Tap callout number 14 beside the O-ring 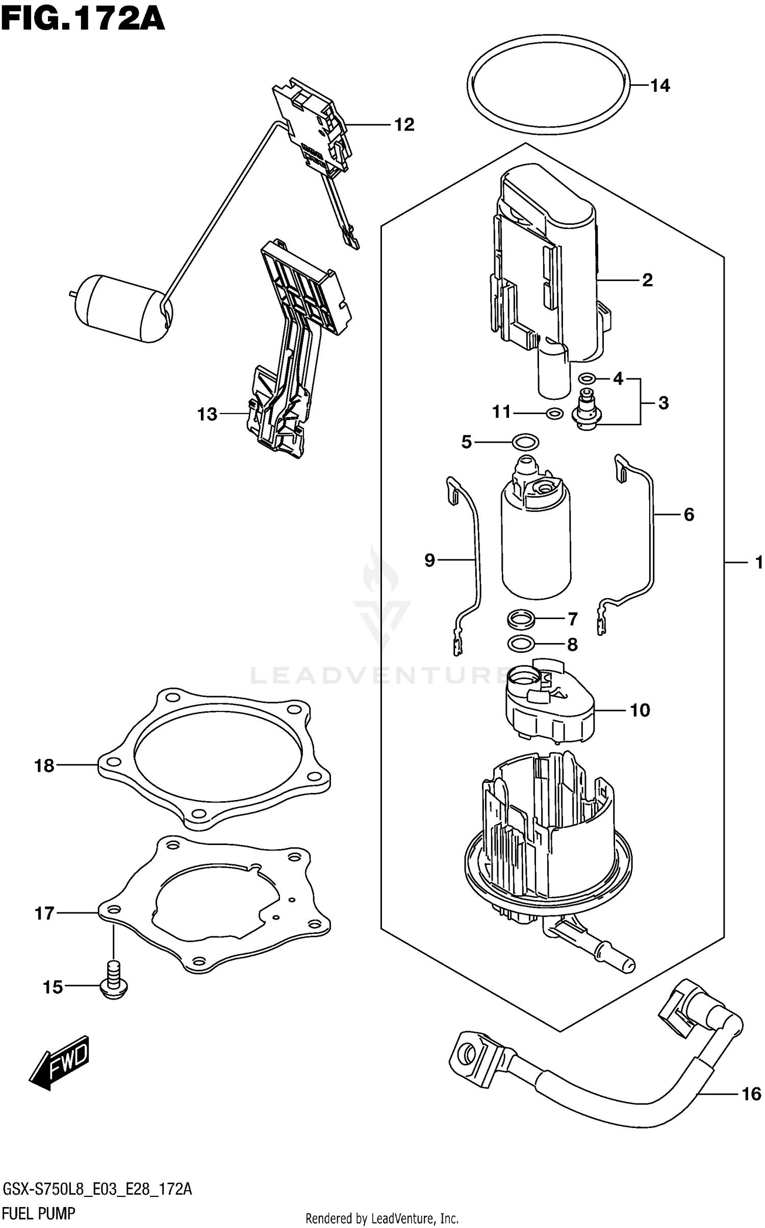tap(660, 86)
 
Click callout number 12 tap(404, 124)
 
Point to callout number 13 tap(207, 414)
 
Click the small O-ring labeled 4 tap(587, 378)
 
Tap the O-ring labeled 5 tap(526, 442)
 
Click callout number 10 tap(640, 710)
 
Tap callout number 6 tap(688, 515)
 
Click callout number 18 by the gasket tap(44, 765)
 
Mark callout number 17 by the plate tap(44, 913)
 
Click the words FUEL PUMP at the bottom tap(39, 1214)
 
